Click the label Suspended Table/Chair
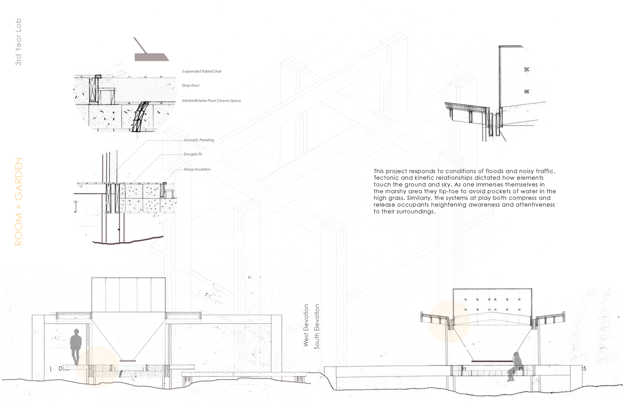202,71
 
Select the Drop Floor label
191,86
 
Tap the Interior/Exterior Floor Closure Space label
211,101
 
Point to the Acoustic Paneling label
199,140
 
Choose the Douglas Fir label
193,154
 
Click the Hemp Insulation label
197,169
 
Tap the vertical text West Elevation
306,325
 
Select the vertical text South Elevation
317,326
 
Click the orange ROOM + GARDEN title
19,201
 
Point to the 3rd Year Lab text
18,42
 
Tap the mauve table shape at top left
151,57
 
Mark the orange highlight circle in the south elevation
449,322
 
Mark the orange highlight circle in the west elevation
98,367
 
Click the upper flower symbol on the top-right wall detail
526,69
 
